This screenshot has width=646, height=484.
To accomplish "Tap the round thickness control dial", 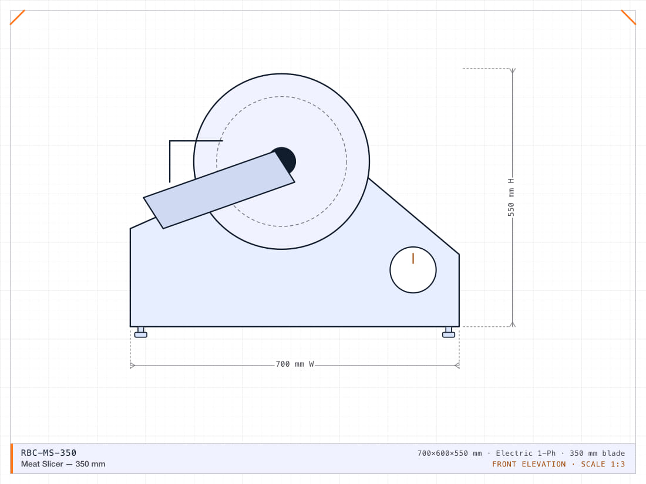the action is (413, 270).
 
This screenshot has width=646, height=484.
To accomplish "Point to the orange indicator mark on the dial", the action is (413, 259).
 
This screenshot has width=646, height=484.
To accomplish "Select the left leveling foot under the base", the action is (141, 333).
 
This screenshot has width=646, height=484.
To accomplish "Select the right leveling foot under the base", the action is (449, 333).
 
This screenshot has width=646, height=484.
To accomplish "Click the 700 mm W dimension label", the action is (295, 364).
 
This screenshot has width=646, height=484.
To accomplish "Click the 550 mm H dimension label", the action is (511, 197).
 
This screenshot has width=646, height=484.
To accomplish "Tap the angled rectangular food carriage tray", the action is (219, 190).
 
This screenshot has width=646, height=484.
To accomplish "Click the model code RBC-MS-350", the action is (49, 453).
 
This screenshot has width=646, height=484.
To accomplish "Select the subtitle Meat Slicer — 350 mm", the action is (63, 464).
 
